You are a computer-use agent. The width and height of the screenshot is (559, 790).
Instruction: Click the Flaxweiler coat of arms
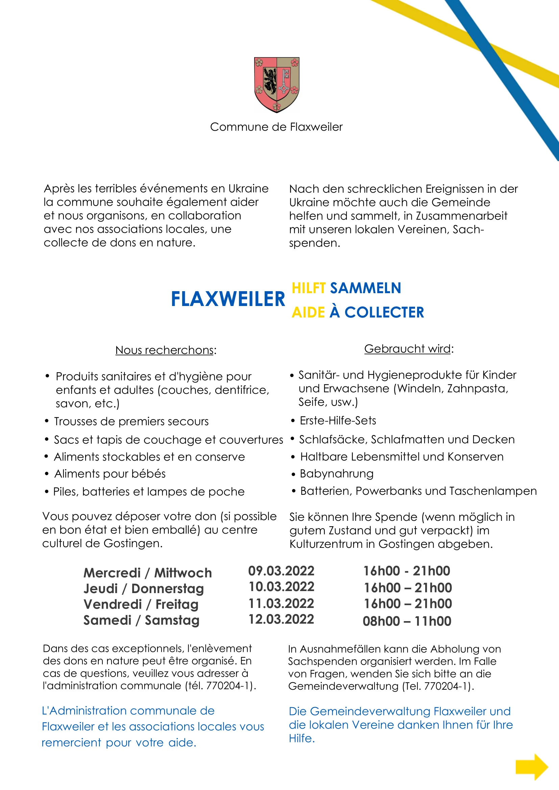click(x=276, y=85)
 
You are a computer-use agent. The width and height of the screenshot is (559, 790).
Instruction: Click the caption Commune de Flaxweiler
click(x=276, y=127)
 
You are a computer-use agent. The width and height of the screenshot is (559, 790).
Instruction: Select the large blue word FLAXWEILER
click(x=228, y=299)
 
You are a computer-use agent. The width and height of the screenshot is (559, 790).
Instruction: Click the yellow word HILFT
click(x=309, y=288)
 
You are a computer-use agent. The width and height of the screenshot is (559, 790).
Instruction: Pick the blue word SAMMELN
click(x=366, y=288)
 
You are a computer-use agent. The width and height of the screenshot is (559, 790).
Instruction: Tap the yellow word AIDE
click(x=308, y=312)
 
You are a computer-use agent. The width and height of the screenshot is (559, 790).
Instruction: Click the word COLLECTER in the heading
click(x=384, y=312)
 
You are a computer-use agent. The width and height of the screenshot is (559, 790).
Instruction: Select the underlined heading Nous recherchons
click(x=165, y=350)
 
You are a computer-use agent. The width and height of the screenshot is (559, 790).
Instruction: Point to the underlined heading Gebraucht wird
click(x=408, y=349)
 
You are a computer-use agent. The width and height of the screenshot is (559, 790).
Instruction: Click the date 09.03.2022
click(x=281, y=571)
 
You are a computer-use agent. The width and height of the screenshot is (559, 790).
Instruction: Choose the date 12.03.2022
click(x=281, y=619)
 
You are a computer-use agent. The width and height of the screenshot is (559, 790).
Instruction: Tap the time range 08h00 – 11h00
click(x=407, y=621)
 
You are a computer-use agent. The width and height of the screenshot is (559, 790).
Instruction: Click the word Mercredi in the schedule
click(x=112, y=573)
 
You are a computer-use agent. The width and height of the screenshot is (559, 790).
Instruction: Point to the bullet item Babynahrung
click(x=337, y=474)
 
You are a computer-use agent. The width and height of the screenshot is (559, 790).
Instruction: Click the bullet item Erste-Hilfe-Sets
click(x=338, y=421)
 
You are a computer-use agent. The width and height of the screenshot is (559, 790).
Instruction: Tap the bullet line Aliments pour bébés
click(x=110, y=474)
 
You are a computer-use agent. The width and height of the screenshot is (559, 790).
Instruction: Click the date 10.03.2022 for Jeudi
click(x=282, y=587)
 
